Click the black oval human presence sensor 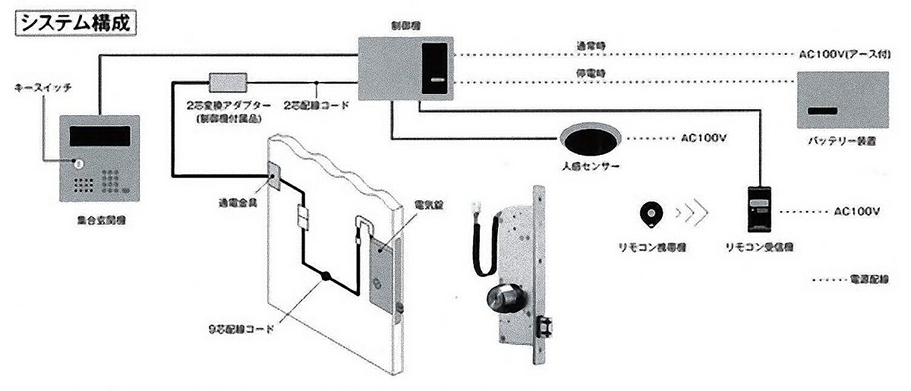[591, 140]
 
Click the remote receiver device [761, 208]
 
